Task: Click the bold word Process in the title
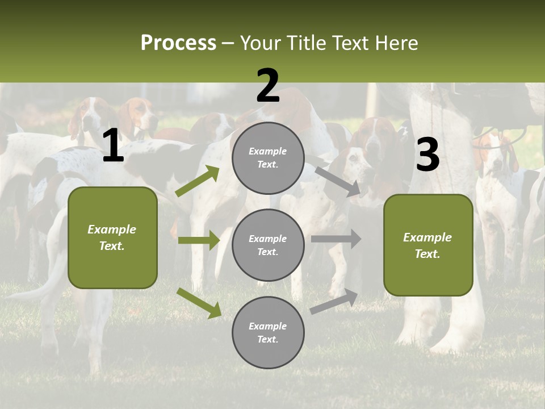click(178, 43)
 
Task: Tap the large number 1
click(113, 146)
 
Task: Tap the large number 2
click(268, 86)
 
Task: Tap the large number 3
click(427, 155)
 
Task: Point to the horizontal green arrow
click(199, 240)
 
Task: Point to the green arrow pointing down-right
click(199, 303)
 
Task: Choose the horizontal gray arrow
click(336, 239)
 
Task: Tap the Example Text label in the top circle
click(268, 158)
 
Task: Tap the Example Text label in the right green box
click(427, 245)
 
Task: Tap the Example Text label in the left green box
click(112, 237)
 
